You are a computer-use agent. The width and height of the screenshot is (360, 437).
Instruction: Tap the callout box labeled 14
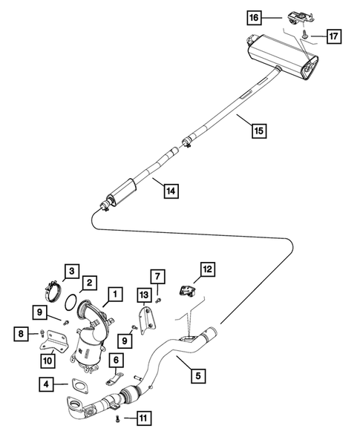[x=171, y=191]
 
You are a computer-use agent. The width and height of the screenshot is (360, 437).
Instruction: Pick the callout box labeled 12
[x=208, y=269]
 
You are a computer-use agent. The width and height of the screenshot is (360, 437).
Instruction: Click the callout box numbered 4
[x=47, y=384]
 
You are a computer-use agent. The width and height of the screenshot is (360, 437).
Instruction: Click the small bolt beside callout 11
[x=120, y=419]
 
